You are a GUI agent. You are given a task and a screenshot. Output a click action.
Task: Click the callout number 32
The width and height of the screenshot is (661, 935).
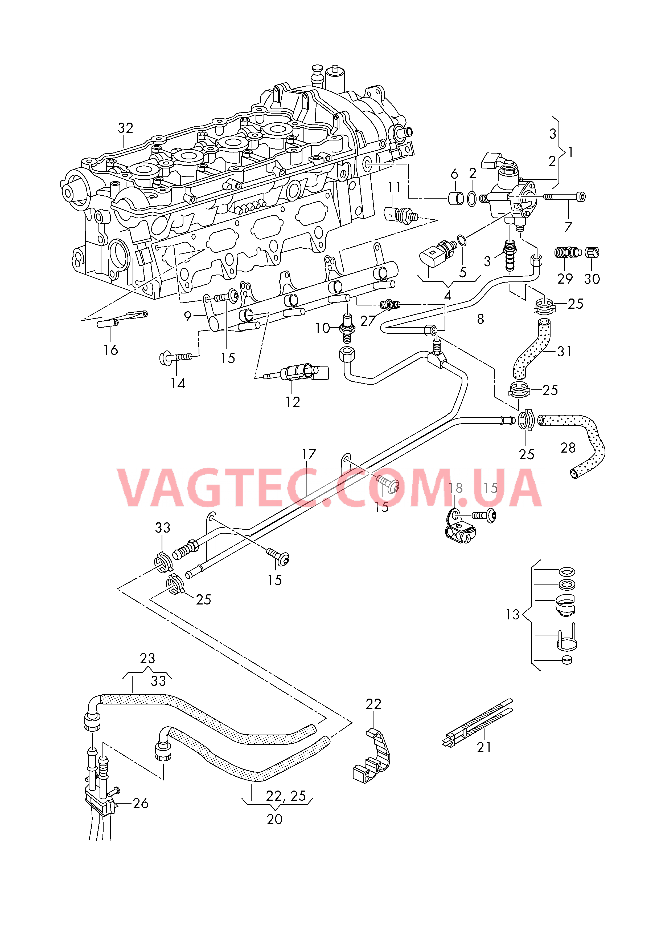(125, 128)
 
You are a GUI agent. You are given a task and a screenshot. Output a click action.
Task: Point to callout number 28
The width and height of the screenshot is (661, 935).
(568, 448)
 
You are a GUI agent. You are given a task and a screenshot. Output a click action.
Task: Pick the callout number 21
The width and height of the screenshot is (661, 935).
(484, 747)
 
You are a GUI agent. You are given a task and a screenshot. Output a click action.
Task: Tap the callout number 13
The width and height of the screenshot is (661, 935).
(512, 614)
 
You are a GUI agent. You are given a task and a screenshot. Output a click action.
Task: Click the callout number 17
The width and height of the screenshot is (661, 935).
(309, 454)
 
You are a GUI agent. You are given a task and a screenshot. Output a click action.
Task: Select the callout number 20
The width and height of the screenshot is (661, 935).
(274, 819)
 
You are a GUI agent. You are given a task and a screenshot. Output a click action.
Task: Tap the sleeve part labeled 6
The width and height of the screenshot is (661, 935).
(456, 198)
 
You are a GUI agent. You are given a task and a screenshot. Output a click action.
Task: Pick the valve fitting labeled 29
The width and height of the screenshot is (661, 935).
(567, 253)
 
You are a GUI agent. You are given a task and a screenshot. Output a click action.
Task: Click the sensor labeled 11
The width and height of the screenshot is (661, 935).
(401, 215)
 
